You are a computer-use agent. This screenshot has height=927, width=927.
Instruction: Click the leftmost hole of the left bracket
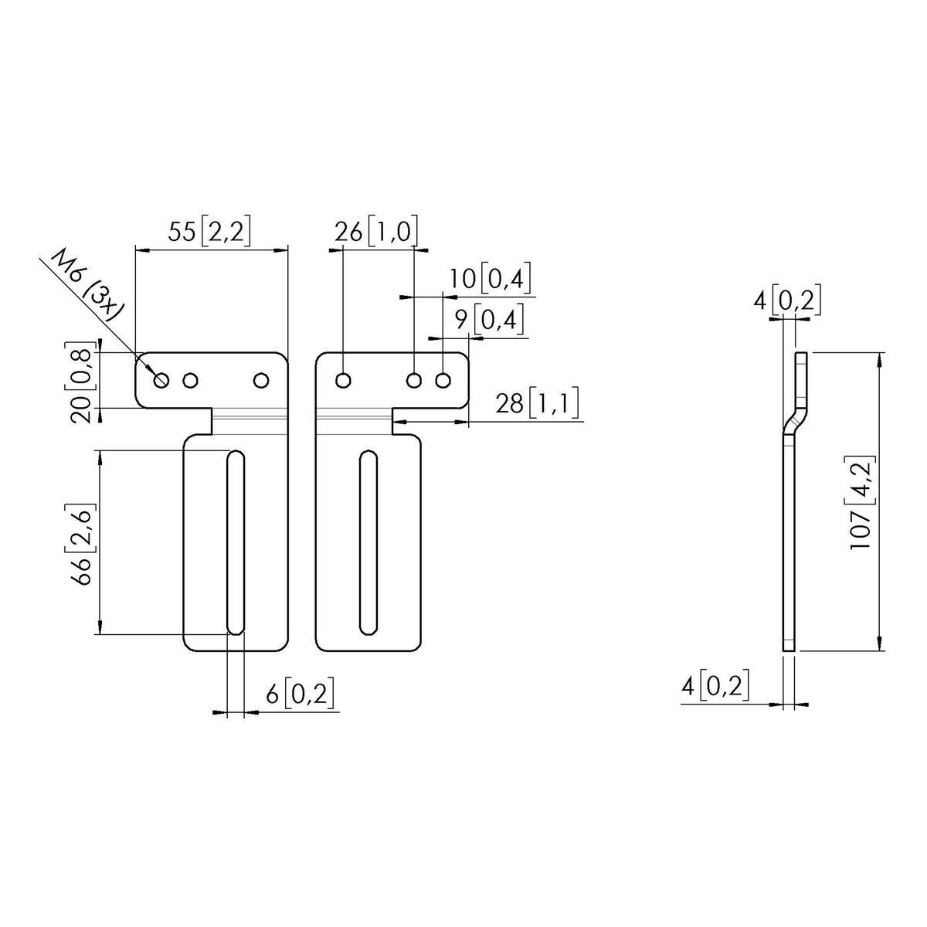161,379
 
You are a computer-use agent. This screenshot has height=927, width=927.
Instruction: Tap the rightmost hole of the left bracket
262,380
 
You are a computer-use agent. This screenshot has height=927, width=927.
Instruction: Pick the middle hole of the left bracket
190,380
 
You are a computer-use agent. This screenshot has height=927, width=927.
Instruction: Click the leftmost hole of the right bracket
344,380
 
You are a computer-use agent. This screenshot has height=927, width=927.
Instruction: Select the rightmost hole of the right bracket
443,380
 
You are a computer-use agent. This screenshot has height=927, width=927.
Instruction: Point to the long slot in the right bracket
369,544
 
